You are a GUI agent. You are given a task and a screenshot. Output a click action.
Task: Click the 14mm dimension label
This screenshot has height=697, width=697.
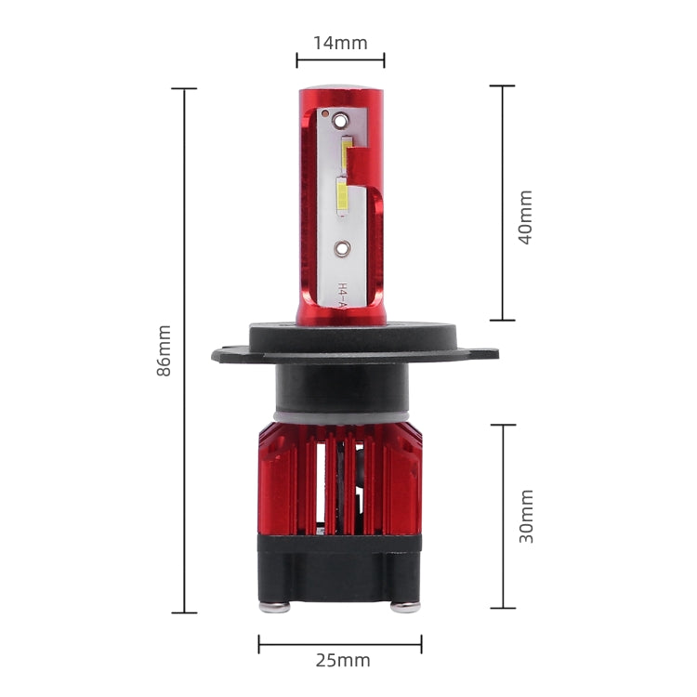coord(339,43)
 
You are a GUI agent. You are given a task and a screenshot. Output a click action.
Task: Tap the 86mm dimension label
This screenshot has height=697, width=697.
coord(164,349)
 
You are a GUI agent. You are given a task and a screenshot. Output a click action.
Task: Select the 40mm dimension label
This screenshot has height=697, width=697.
coord(525,217)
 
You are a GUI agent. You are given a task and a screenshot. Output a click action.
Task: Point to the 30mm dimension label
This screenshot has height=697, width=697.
coord(526,516)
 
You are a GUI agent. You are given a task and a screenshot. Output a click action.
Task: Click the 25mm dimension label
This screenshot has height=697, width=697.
coord(342,661)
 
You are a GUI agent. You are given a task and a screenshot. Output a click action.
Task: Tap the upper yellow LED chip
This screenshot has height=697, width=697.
coord(347,153)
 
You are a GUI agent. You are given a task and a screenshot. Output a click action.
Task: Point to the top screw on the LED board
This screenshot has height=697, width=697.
coord(339,119)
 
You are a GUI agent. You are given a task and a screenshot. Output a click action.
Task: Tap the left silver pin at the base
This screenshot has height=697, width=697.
coord(275,607)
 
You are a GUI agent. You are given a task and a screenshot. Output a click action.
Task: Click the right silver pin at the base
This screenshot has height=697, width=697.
coord(405,607)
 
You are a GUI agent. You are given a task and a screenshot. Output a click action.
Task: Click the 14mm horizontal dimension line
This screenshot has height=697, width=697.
coord(340,60)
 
